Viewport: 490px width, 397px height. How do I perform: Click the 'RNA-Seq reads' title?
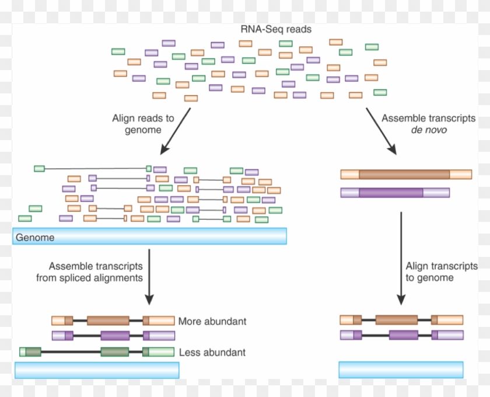tap(276, 29)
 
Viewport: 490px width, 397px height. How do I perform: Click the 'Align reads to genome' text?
tap(143, 124)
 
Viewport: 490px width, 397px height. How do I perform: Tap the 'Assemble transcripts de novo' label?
tap(429, 124)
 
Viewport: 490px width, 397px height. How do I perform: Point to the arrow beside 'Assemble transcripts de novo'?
tap(381, 131)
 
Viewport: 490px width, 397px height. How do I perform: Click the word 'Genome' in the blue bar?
tap(35, 238)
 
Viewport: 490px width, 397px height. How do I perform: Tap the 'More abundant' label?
tap(212, 321)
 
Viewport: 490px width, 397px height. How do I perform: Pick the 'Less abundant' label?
tap(212, 352)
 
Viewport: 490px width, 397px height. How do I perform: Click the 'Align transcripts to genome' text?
tap(442, 271)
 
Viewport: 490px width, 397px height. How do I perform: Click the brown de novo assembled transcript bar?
tap(406, 174)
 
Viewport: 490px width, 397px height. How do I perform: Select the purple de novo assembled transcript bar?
tap(395, 193)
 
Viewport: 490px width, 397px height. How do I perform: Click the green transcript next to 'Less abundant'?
tap(97, 352)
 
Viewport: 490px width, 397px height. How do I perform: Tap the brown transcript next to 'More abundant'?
tap(113, 321)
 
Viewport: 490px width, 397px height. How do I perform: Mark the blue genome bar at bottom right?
tap(401, 370)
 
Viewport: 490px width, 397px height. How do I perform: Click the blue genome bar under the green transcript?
tap(97, 370)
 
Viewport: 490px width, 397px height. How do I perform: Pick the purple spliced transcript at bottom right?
tap(401, 335)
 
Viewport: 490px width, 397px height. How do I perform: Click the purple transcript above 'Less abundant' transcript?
tap(113, 336)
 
